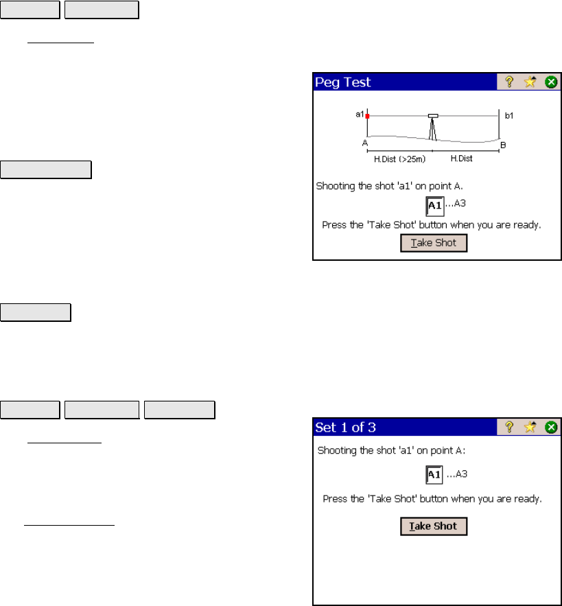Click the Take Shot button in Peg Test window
[434, 243]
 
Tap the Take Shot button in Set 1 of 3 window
[434, 526]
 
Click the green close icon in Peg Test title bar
[551, 82]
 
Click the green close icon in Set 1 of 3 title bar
[551, 427]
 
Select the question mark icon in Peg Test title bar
[509, 82]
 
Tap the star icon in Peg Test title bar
[530, 82]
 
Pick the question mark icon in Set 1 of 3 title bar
[509, 427]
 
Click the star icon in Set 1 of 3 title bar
[530, 427]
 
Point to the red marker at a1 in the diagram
[367, 116]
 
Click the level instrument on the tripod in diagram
[433, 116]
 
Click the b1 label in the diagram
[509, 115]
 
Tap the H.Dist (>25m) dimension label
[399, 159]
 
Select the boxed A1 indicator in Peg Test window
[435, 206]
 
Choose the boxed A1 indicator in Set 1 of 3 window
[434, 475]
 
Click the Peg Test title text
[343, 82]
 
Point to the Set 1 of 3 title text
[345, 428]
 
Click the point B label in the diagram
[503, 145]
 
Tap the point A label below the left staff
[365, 143]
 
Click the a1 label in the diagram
[360, 114]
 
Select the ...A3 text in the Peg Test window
[456, 203]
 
